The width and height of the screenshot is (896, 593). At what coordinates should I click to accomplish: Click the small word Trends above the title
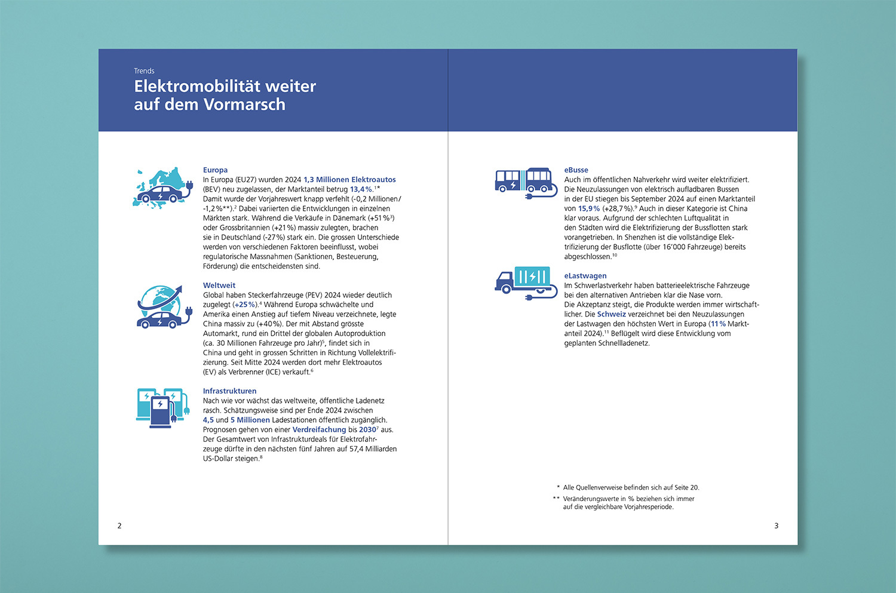[x=144, y=71]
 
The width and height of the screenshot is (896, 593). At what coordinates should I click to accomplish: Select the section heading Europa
[x=215, y=170]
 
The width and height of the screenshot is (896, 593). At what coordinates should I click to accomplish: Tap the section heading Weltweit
[x=219, y=285]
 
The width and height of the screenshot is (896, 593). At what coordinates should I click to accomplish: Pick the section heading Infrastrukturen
[x=229, y=391]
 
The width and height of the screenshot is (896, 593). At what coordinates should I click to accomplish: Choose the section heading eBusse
[x=576, y=170]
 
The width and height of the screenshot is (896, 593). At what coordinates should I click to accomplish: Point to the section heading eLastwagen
[x=585, y=276]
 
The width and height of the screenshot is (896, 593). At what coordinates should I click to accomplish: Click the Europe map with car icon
[x=162, y=188]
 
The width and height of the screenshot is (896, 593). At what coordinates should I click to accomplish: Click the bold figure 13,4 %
[x=361, y=189]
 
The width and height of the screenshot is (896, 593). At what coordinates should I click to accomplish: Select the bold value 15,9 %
[x=589, y=209]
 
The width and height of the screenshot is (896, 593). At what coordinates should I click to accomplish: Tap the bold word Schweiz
[x=611, y=314]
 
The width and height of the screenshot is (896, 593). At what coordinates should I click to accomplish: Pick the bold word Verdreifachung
[x=319, y=430]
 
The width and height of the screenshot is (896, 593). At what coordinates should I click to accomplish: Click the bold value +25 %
[x=244, y=305]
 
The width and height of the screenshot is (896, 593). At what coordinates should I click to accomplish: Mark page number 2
[x=119, y=526]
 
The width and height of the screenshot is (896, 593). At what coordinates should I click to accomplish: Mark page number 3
[x=777, y=526]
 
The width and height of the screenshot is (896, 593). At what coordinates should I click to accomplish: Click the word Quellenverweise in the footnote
[x=602, y=488]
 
